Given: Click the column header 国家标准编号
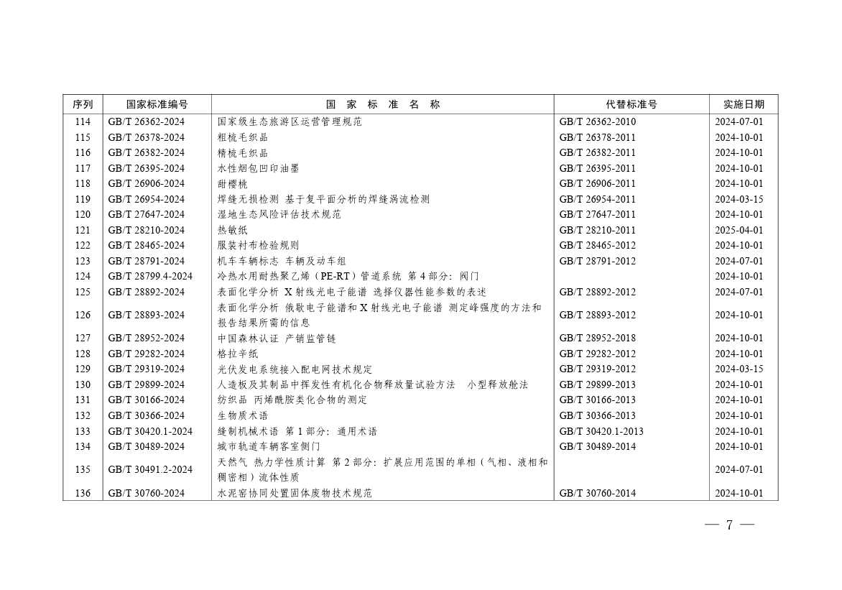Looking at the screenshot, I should point(157,104).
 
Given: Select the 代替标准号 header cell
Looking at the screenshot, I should point(631,104).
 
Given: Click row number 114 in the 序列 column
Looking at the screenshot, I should point(83,121).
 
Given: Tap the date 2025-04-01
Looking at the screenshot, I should point(739,230).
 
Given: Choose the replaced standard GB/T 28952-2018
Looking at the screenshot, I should point(597,338).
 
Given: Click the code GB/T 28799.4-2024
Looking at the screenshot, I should point(150,276).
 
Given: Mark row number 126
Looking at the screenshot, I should point(83,315).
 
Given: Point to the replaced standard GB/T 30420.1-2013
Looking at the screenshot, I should point(601,431).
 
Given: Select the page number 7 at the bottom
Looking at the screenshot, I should point(729,525).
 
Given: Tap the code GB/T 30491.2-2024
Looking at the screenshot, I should point(150,469).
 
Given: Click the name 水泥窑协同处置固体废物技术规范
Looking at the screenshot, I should point(295,493).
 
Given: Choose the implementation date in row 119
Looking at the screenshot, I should point(739,199).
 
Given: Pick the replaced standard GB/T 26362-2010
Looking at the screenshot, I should point(597,121).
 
